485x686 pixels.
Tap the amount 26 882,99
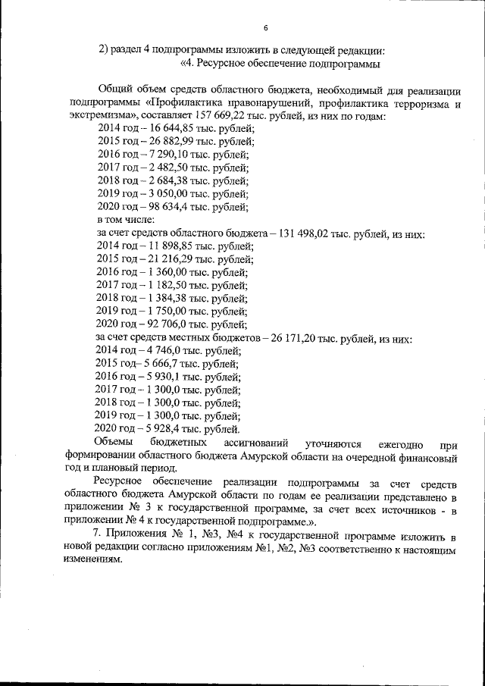pyautogui.click(x=165, y=142)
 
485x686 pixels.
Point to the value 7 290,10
pyautogui.click(x=161, y=155)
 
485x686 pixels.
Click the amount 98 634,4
pyautogui.click(x=163, y=206)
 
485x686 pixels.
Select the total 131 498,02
pyautogui.click(x=306, y=233)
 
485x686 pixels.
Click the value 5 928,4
pyautogui.click(x=158, y=428)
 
